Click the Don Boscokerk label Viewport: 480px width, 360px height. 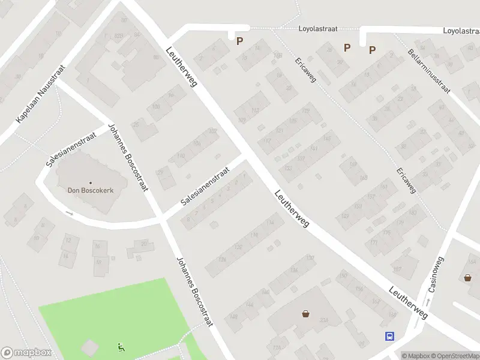[x=90, y=190]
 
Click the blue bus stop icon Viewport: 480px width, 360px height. [x=389, y=337]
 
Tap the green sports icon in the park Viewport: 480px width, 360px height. [x=122, y=346]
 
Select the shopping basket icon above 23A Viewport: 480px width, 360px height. [x=306, y=313]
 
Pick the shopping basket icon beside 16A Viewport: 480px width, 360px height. [x=467, y=278]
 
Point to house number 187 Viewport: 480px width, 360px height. [x=397, y=269]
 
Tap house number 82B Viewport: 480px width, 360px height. [x=119, y=37]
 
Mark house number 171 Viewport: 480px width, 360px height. [x=374, y=242]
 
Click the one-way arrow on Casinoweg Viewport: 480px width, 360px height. [x=428, y=301]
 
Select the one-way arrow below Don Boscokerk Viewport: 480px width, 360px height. [x=69, y=213]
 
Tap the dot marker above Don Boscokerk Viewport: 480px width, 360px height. [x=90, y=182]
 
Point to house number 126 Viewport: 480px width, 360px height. [x=223, y=259]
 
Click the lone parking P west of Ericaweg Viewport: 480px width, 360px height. [x=239, y=41]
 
